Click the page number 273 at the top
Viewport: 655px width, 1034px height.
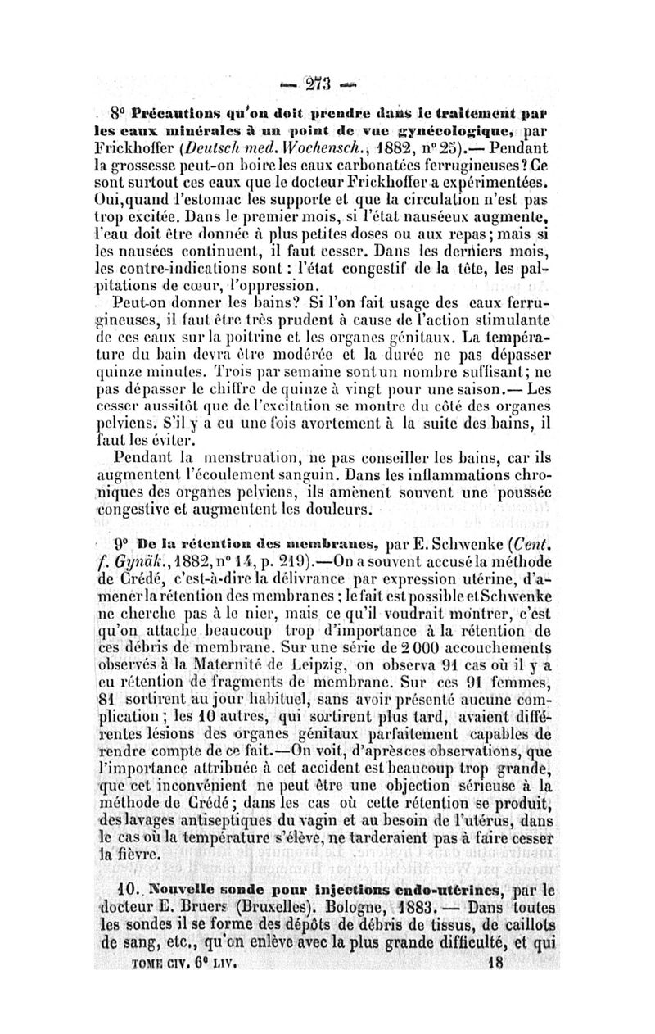tap(327, 85)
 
